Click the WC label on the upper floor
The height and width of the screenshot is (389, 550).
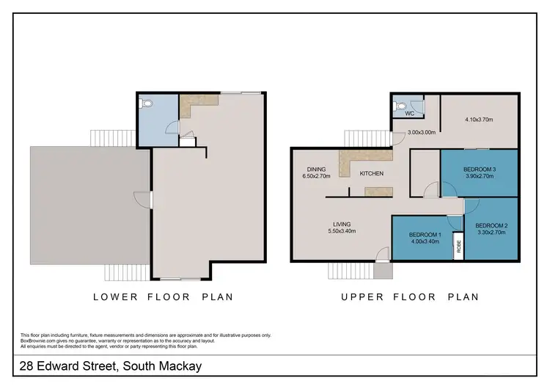411,114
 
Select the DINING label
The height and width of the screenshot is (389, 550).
317,169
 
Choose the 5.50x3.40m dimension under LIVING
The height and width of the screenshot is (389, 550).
342,232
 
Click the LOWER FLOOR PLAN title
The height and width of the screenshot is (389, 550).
163,297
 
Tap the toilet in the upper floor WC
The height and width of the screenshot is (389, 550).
399,106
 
